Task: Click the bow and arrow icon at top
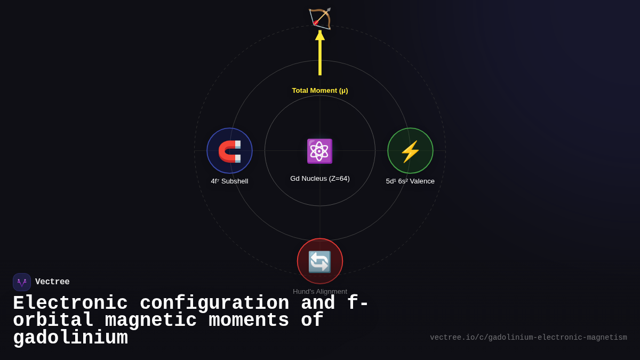click(x=320, y=18)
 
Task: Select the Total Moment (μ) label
click(x=320, y=91)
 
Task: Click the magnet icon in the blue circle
click(x=229, y=151)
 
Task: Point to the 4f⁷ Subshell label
click(x=229, y=181)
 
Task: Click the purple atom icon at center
click(x=319, y=151)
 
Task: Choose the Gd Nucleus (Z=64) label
click(x=320, y=179)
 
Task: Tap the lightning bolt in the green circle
click(x=410, y=151)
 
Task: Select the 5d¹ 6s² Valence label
click(x=410, y=181)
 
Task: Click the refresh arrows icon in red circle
click(x=320, y=261)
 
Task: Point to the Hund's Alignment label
click(x=320, y=292)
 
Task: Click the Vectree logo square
click(x=22, y=282)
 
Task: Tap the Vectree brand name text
click(x=52, y=282)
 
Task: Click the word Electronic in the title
click(x=70, y=303)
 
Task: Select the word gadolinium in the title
click(x=70, y=338)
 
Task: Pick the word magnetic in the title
click(x=151, y=321)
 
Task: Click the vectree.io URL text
click(x=528, y=338)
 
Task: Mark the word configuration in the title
click(x=214, y=303)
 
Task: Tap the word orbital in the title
click(x=53, y=321)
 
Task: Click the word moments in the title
click(x=249, y=321)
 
